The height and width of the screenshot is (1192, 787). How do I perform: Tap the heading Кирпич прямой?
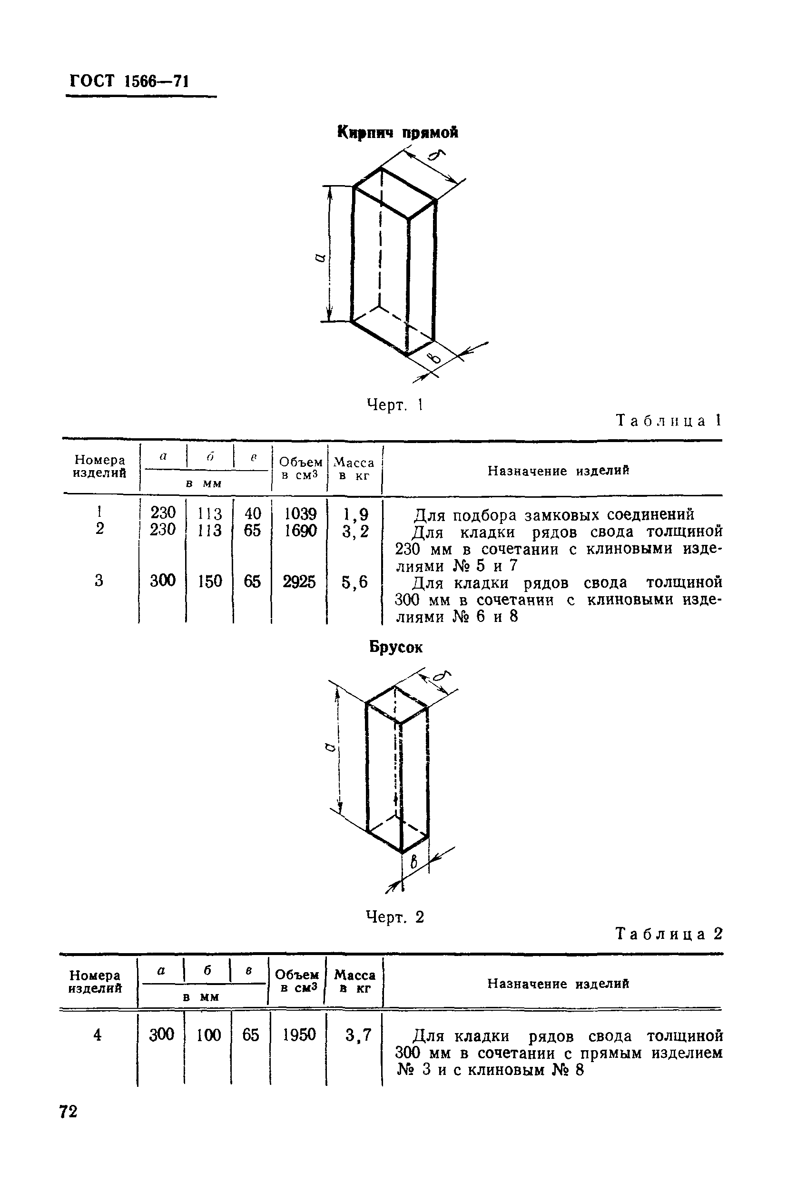[397, 132]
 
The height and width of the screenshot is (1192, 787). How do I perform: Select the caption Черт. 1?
[395, 404]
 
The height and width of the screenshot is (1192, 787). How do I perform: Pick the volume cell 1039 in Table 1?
[300, 513]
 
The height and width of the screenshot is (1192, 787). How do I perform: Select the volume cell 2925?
[299, 581]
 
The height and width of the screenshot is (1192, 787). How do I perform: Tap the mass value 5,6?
[354, 581]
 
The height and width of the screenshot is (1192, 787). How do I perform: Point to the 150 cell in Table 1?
[210, 581]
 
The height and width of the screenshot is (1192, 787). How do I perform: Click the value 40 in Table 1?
[253, 513]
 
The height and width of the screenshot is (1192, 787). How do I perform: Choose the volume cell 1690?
[300, 531]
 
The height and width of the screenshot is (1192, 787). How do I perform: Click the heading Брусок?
[396, 648]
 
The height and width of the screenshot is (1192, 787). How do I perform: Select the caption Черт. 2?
[395, 917]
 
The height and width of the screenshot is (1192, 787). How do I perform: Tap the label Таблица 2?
[669, 934]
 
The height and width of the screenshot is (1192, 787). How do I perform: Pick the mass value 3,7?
[358, 1035]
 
